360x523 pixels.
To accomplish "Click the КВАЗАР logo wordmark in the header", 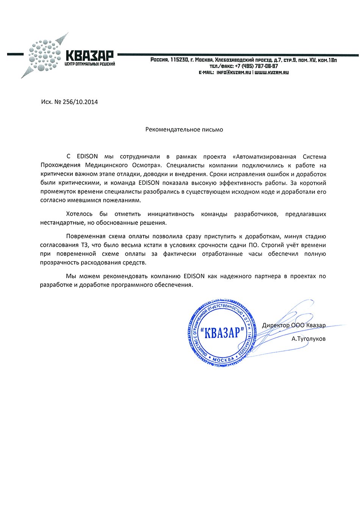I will click(x=89, y=56).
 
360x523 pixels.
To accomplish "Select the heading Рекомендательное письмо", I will click(x=184, y=130).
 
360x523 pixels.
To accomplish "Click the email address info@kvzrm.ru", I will click(x=234, y=72).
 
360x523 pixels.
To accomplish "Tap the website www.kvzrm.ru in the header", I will click(x=272, y=72).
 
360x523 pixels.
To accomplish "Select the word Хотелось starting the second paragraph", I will click(x=79, y=214).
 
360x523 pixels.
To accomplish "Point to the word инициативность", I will click(x=171, y=214).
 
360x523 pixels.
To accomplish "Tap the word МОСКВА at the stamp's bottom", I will click(x=224, y=359).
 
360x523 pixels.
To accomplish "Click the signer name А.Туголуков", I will click(x=308, y=338).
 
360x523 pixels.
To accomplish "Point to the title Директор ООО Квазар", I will click(x=294, y=325).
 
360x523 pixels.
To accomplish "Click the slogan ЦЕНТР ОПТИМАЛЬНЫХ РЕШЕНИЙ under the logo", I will click(x=90, y=64).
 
